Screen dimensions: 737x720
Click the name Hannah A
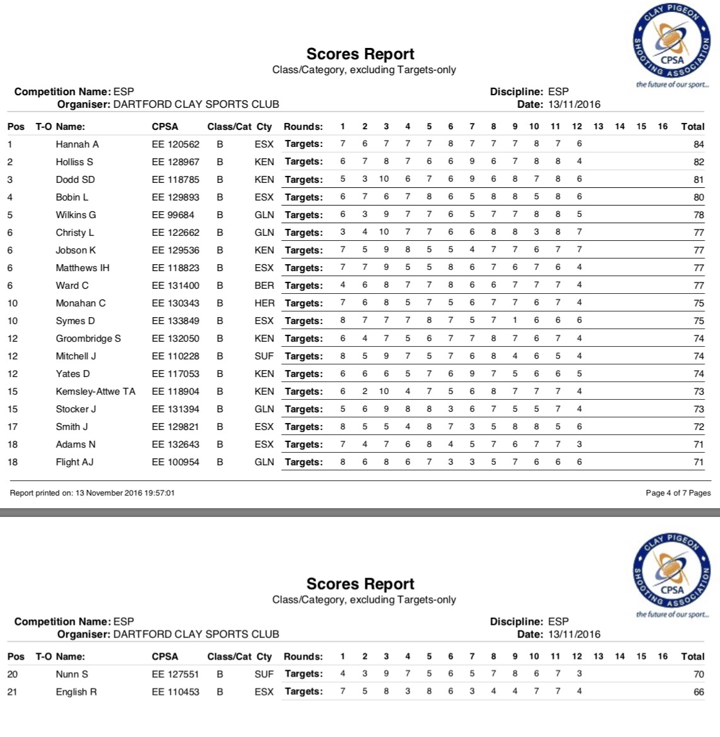(x=77, y=144)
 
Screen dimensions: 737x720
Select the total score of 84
(x=699, y=144)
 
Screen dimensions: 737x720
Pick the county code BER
(x=264, y=286)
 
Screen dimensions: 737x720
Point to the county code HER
(x=264, y=303)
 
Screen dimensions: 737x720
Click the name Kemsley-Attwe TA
(x=95, y=392)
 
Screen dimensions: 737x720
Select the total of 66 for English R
(x=699, y=692)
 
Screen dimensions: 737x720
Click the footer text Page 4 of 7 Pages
(x=678, y=493)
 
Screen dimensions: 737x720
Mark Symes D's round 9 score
(x=515, y=320)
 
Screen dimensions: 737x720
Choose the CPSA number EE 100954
(x=175, y=462)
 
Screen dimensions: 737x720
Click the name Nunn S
(x=72, y=675)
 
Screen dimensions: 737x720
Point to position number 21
(x=13, y=692)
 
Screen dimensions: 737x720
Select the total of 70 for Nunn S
(x=699, y=675)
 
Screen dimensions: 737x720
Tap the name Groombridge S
(x=88, y=339)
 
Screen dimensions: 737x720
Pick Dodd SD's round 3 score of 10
(x=384, y=179)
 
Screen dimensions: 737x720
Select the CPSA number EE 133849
(x=175, y=321)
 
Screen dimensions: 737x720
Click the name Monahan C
(x=81, y=303)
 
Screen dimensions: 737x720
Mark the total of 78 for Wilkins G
(x=699, y=215)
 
